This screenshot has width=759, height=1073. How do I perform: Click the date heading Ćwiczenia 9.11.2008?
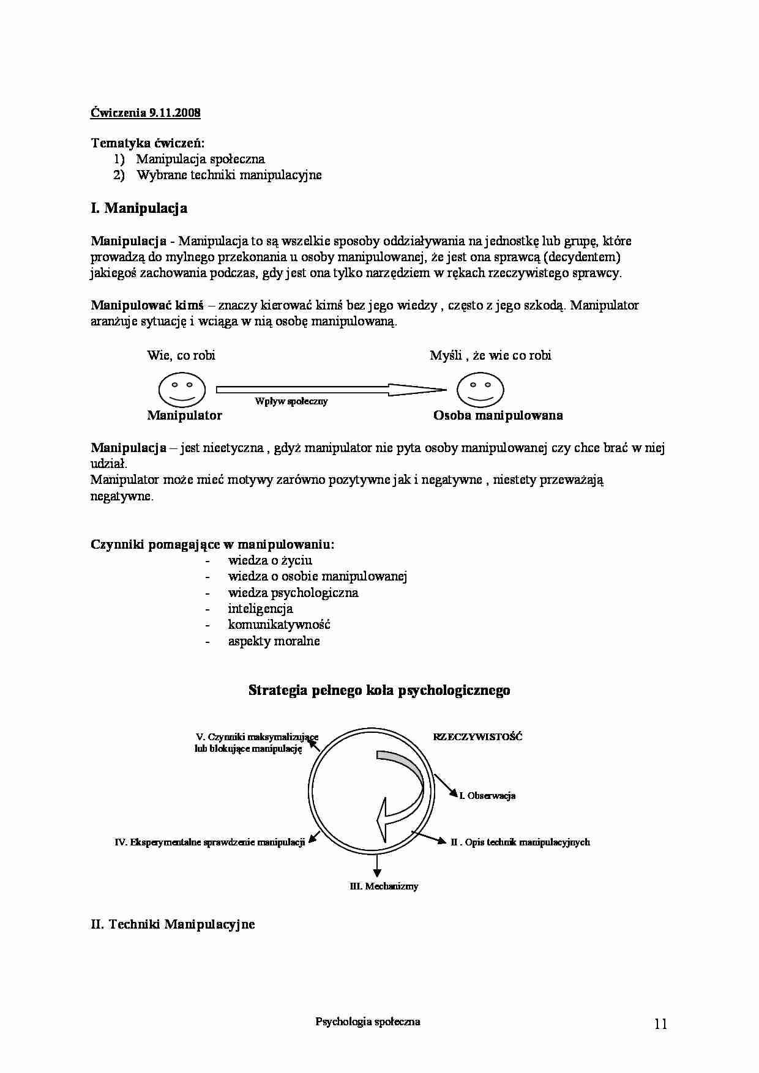coord(145,113)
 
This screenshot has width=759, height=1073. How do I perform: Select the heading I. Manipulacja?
coord(139,208)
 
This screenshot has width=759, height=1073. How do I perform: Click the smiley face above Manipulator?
coord(181,389)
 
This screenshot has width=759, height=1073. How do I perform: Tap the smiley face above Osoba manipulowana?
coord(480,389)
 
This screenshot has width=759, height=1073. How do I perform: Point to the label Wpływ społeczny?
coord(291,401)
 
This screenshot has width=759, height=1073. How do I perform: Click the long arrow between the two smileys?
coord(331,388)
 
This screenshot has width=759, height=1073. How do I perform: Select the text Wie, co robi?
coord(181,355)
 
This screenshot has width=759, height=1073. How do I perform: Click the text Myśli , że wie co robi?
coord(490,355)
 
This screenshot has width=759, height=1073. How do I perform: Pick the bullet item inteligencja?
coord(260,609)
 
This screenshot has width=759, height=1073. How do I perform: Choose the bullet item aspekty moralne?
coord(274,641)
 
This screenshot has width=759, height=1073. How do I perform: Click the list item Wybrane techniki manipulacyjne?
coord(229,175)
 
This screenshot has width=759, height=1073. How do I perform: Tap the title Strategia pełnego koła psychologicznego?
coord(379,691)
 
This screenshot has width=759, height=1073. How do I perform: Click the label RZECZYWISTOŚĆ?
coord(477,737)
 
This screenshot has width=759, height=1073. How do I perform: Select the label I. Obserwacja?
coord(487,796)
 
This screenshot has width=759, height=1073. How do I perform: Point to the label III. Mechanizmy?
coord(384,886)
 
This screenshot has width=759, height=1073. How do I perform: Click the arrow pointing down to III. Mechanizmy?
coord(377,864)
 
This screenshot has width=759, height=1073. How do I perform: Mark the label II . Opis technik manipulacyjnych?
coord(520,842)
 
